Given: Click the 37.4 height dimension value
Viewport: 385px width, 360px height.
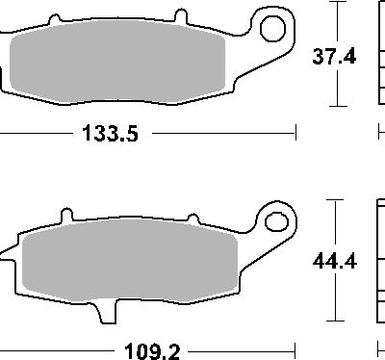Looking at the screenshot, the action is (x=334, y=57).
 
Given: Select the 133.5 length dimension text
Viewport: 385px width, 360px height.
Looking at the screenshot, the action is (x=110, y=133).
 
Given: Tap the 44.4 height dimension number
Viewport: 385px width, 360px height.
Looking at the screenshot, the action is (x=335, y=261).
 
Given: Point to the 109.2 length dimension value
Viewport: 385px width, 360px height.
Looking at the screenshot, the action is (x=152, y=351).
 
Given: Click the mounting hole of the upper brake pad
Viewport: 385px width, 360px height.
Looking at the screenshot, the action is (x=272, y=29).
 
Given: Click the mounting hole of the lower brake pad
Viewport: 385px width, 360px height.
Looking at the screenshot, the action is (x=276, y=221).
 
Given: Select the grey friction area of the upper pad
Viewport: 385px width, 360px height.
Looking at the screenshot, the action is (x=117, y=62).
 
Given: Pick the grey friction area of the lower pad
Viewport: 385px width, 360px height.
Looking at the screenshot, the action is (x=130, y=261).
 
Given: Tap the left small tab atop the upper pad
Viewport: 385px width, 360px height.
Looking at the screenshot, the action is (x=55, y=19).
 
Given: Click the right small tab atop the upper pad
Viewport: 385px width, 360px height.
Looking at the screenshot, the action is (x=181, y=16).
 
